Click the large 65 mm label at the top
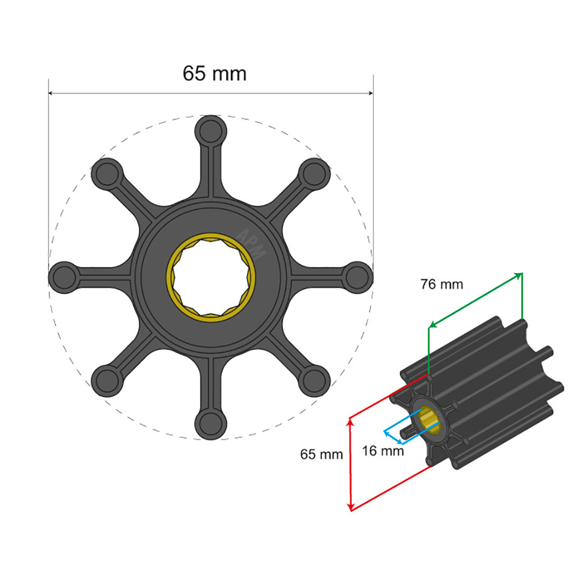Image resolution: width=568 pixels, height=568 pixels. click(x=214, y=73)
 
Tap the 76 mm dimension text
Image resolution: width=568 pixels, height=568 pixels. click(x=441, y=284)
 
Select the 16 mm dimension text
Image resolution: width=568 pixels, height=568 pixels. click(x=383, y=451)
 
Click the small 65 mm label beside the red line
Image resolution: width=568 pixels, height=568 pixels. click(x=321, y=454)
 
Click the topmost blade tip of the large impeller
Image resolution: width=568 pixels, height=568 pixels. click(x=210, y=130)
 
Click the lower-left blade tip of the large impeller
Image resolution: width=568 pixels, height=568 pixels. click(x=107, y=380)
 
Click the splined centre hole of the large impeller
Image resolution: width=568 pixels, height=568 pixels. click(x=211, y=277)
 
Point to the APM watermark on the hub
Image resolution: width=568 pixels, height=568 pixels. click(x=250, y=244)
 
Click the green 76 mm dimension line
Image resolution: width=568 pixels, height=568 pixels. click(x=475, y=299)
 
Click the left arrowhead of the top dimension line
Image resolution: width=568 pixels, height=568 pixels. click(x=51, y=93)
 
